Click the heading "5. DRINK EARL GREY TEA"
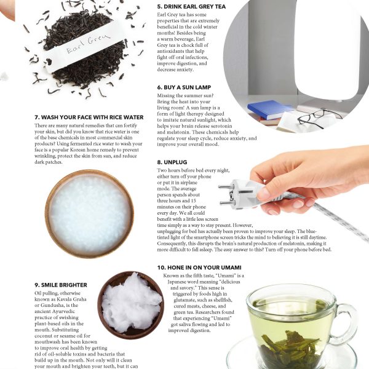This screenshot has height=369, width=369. pyautogui.click(x=191, y=7)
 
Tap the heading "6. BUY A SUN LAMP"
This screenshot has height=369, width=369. pyautogui.click(x=184, y=87)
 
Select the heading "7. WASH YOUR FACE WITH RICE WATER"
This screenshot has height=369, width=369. pyautogui.click(x=89, y=117)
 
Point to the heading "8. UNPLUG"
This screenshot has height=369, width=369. pyautogui.click(x=172, y=162)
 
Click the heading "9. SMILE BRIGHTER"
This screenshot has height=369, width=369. pyautogui.click(x=61, y=285)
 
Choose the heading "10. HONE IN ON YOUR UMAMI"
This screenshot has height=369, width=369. pyautogui.click(x=199, y=268)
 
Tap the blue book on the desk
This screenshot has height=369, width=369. pyautogui.click(x=271, y=109)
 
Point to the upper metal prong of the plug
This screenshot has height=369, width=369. pyautogui.click(x=226, y=187)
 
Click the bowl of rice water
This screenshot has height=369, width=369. pyautogui.click(x=89, y=213)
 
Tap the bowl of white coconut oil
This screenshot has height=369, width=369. pyautogui.click(x=131, y=305)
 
